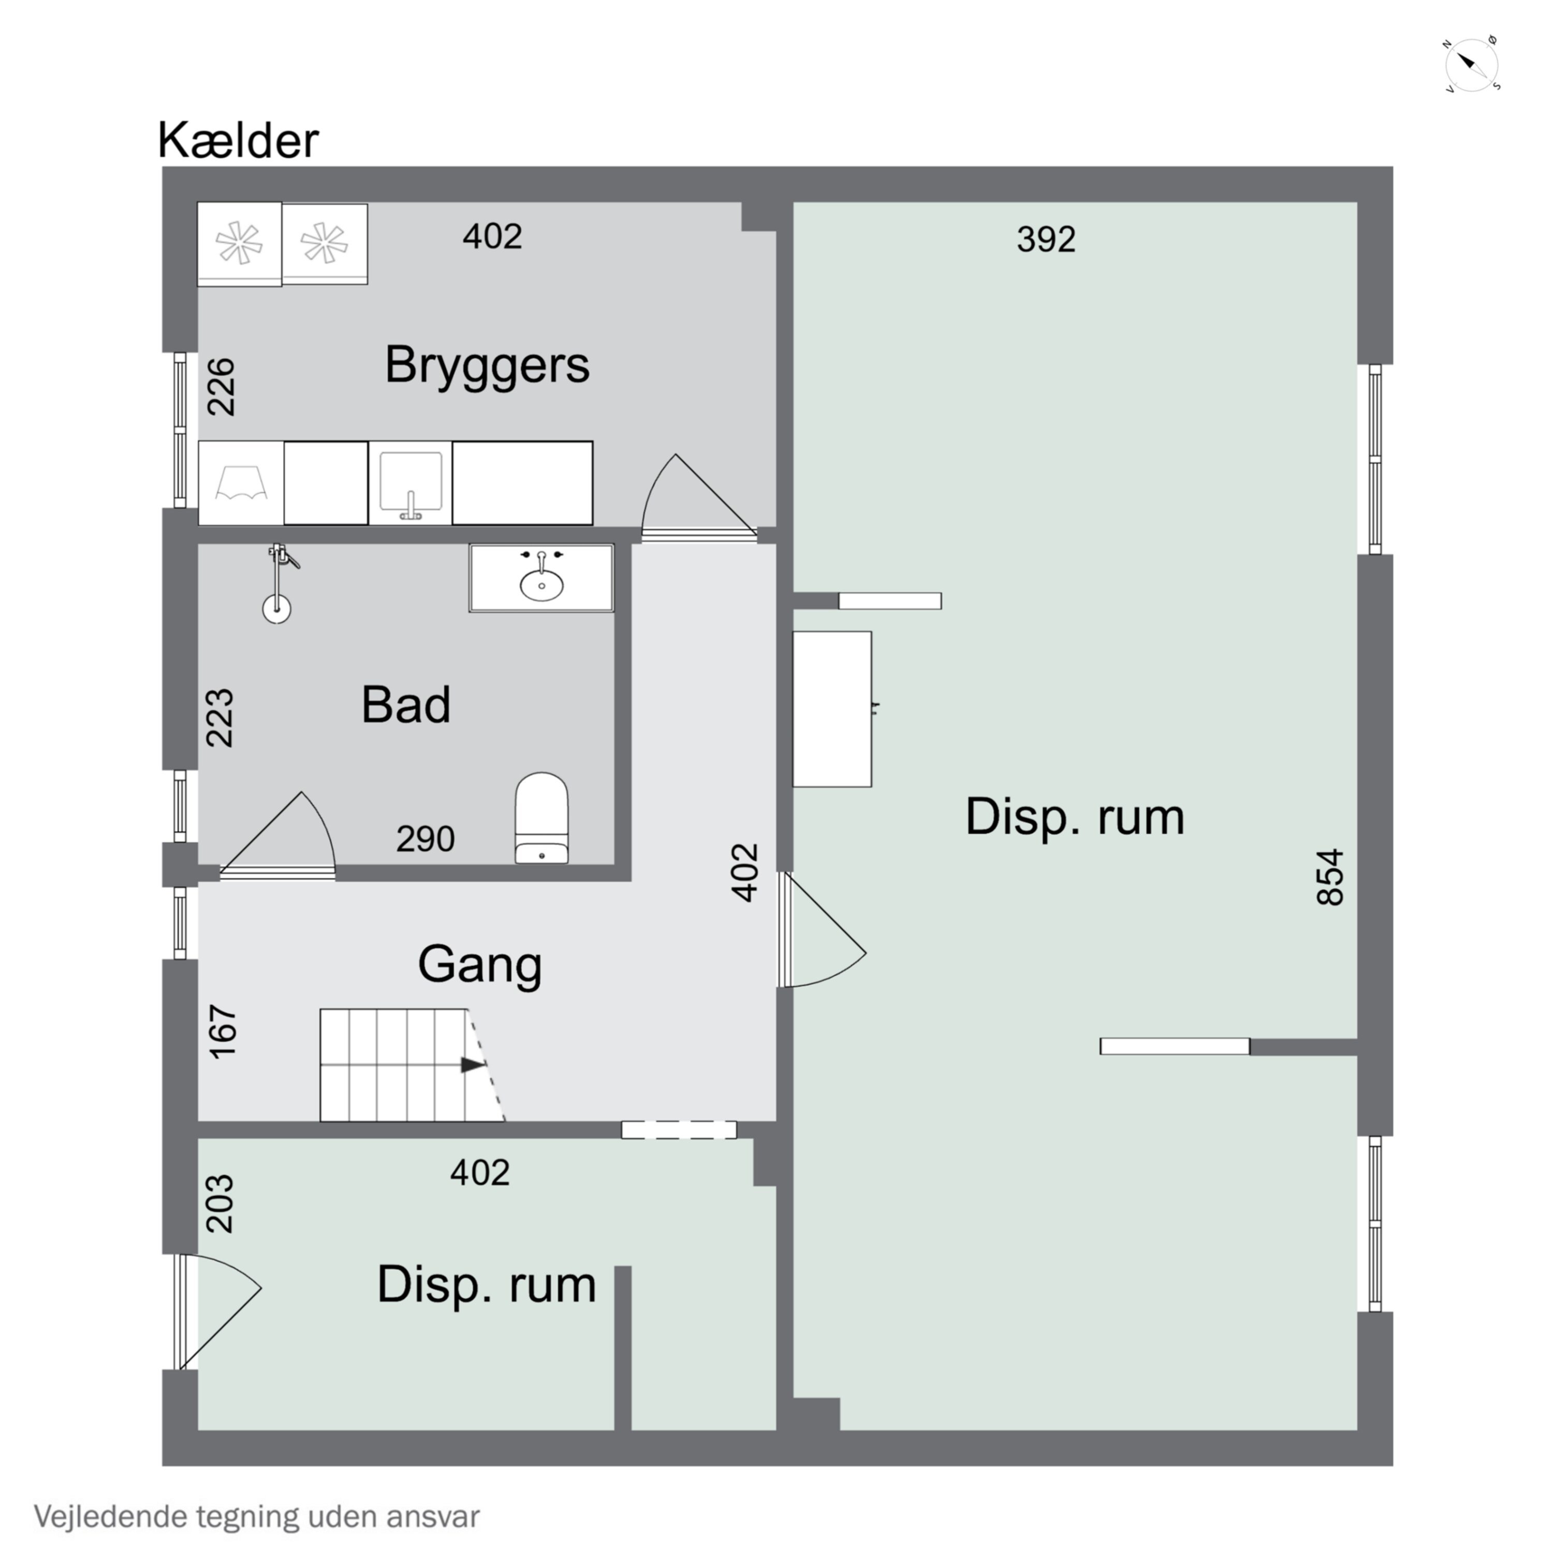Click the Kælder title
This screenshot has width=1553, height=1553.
[x=238, y=141]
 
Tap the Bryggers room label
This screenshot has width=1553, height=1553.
[x=487, y=365]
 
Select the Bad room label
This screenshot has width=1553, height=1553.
[x=405, y=705]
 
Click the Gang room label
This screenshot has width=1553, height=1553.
[x=480, y=964]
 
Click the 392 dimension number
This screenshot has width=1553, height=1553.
[x=1046, y=240]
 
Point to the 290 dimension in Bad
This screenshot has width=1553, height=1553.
[x=425, y=839]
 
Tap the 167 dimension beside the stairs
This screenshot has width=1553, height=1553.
[x=223, y=1031]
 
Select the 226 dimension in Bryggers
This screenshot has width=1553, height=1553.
[x=221, y=387]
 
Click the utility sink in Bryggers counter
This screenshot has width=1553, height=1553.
[x=410, y=483]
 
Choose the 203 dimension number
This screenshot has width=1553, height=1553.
[x=219, y=1204]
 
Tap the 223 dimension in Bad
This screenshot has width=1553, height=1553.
[x=219, y=718]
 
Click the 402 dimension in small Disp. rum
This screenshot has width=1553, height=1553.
[x=480, y=1173]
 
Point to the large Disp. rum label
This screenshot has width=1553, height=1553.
[x=1075, y=817]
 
